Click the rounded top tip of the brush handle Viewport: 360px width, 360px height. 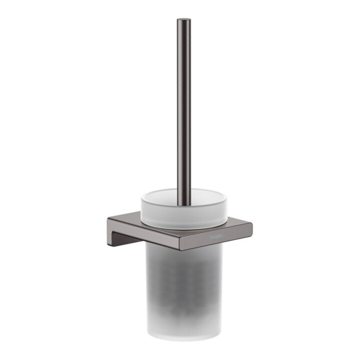tap(183, 20)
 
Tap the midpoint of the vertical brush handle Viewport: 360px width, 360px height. tap(183, 108)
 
